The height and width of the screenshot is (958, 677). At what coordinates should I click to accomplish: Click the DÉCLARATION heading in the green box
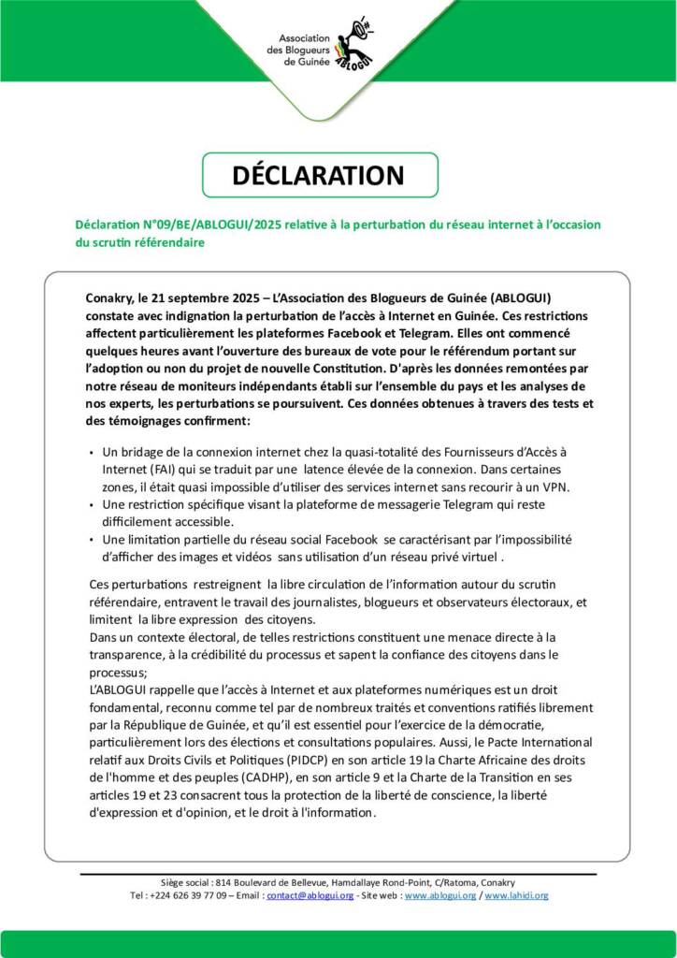[x=319, y=175]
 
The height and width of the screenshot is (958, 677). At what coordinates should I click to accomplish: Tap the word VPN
[x=558, y=487]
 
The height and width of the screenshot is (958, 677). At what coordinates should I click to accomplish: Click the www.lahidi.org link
[x=517, y=895]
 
